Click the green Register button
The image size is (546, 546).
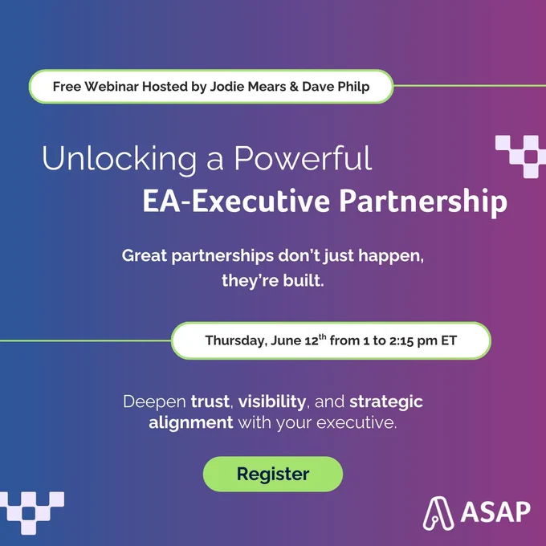tap(273, 474)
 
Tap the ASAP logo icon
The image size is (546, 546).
tap(438, 513)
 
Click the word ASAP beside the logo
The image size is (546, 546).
tap(495, 512)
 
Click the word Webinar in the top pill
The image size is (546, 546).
tap(112, 87)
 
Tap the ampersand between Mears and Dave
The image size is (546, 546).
tap(294, 87)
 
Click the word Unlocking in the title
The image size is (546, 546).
tap(120, 158)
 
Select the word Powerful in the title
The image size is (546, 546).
tap(303, 157)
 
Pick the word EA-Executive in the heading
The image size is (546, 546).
tap(236, 201)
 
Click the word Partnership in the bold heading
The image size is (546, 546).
tap(423, 202)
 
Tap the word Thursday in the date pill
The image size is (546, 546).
tap(236, 340)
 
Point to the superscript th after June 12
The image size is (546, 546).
tap(323, 336)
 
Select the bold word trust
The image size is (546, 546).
tap(210, 401)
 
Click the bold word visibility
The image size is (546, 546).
tap(272, 401)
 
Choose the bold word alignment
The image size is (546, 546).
tap(191, 422)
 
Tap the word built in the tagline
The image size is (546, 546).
tap(304, 280)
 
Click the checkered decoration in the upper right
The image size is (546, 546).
tap(520, 157)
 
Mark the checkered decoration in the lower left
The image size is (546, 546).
tap(32, 513)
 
